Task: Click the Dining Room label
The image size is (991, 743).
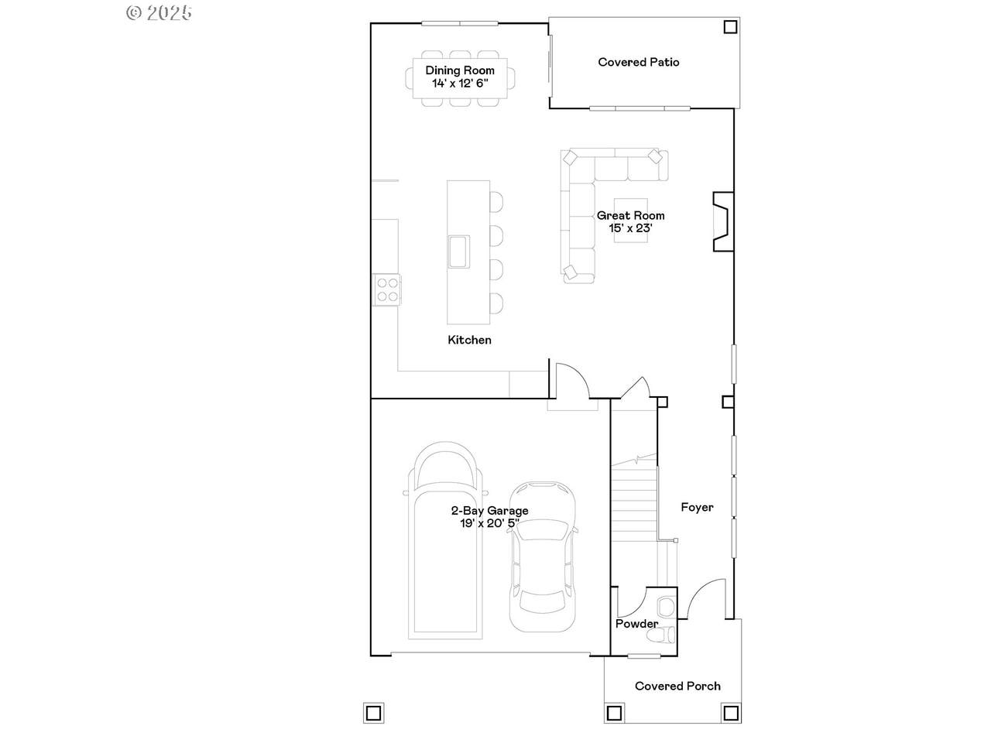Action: [460, 70]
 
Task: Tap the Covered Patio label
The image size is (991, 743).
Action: [639, 62]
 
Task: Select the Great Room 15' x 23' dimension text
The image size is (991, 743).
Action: [630, 228]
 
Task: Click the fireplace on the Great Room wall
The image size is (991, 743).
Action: [723, 221]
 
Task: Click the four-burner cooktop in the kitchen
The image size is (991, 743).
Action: [387, 289]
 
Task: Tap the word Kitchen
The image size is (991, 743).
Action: [469, 340]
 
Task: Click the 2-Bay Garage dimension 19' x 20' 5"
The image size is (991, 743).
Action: [490, 523]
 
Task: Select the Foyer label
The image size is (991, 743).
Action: [697, 507]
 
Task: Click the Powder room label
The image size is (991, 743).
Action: [636, 624]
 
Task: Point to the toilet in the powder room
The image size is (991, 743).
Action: [660, 635]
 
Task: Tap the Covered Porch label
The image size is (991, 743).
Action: [677, 686]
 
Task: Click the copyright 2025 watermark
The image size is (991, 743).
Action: [159, 12]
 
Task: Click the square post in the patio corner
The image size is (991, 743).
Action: [730, 27]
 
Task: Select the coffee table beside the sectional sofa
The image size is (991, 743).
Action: [630, 220]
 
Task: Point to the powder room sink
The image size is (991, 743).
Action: [666, 607]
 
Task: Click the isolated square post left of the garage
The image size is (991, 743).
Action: [373, 714]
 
